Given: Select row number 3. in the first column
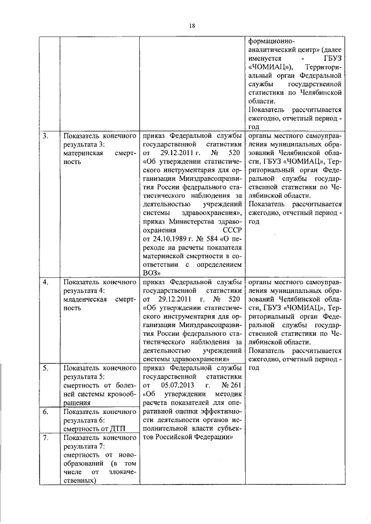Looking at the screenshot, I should [x=45, y=135].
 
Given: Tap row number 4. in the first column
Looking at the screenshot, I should [x=45, y=283].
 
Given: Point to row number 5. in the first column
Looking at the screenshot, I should [x=45, y=367].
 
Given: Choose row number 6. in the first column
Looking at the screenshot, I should [x=45, y=412].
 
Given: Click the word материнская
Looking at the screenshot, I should [x=83, y=153].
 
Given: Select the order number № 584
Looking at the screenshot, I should [x=207, y=237].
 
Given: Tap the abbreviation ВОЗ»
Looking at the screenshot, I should [x=151, y=272].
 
